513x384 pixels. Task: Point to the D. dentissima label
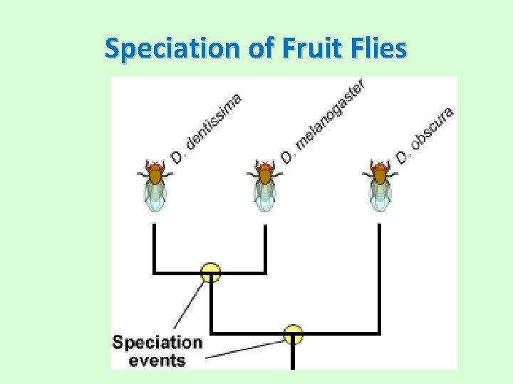pyautogui.click(x=207, y=127)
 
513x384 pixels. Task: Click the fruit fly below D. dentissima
pyautogui.click(x=155, y=184)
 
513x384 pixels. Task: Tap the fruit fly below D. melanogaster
pyautogui.click(x=265, y=184)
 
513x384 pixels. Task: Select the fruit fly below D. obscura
pyautogui.click(x=379, y=184)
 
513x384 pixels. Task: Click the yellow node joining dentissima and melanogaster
pyautogui.click(x=210, y=272)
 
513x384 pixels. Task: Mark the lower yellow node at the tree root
pyautogui.click(x=293, y=333)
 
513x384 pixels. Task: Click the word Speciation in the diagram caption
pyautogui.click(x=157, y=342)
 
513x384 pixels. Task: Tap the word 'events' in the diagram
pyautogui.click(x=157, y=360)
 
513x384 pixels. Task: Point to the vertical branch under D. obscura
pyautogui.click(x=379, y=277)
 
